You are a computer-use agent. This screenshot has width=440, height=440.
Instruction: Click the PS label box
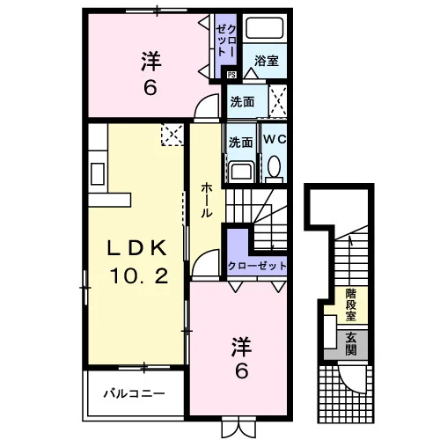(x=231, y=75)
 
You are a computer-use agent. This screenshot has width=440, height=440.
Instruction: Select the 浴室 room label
(x=267, y=61)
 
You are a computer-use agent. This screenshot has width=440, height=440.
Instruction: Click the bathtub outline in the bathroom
(x=265, y=28)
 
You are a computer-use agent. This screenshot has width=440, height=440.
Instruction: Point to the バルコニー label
(x=135, y=393)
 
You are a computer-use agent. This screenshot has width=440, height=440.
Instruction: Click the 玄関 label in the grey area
(x=351, y=344)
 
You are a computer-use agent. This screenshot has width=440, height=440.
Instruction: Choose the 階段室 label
(x=351, y=304)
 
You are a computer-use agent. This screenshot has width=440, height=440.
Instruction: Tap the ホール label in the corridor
(x=207, y=200)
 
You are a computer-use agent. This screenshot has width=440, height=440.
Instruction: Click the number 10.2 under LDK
(x=139, y=276)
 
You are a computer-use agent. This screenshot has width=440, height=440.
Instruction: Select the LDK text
(x=137, y=248)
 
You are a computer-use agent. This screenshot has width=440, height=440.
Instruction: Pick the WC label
(x=275, y=139)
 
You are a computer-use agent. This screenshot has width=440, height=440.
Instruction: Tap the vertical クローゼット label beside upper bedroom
(x=226, y=40)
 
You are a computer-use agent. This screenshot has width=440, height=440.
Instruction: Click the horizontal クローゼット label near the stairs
(x=257, y=266)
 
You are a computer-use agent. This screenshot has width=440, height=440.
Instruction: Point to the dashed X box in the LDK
(x=172, y=135)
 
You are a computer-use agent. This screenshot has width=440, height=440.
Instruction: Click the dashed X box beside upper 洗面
(x=278, y=101)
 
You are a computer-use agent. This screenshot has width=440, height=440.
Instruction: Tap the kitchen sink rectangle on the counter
(x=98, y=173)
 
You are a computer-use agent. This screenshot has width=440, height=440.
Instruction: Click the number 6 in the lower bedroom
(x=242, y=371)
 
